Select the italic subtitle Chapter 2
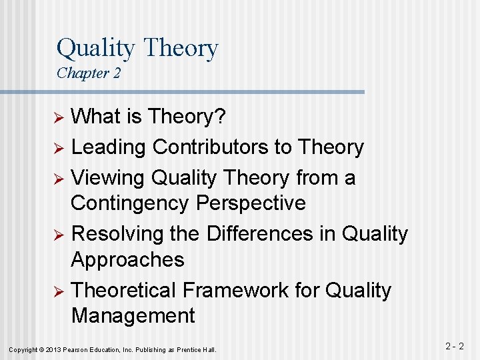89,73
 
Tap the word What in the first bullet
96,117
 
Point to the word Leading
109,147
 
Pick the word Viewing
108,177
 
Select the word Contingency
131,203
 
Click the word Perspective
251,203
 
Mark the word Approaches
127,259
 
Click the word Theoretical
123,291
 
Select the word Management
133,315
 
